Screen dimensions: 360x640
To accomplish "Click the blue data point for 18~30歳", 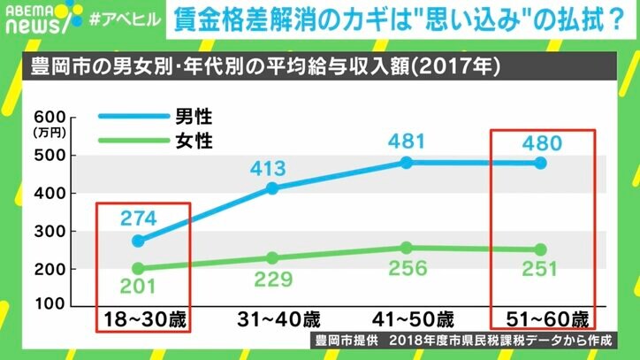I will point(137,241).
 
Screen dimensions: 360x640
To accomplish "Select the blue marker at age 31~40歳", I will point(272,188).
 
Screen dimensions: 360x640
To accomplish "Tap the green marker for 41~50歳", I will point(407,248).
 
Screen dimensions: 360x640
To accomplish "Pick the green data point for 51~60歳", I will point(541,249).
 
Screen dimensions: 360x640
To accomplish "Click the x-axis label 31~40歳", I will point(272,318).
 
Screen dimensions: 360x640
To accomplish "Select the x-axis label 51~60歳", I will point(541,318).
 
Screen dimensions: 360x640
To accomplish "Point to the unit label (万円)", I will point(44,133).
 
